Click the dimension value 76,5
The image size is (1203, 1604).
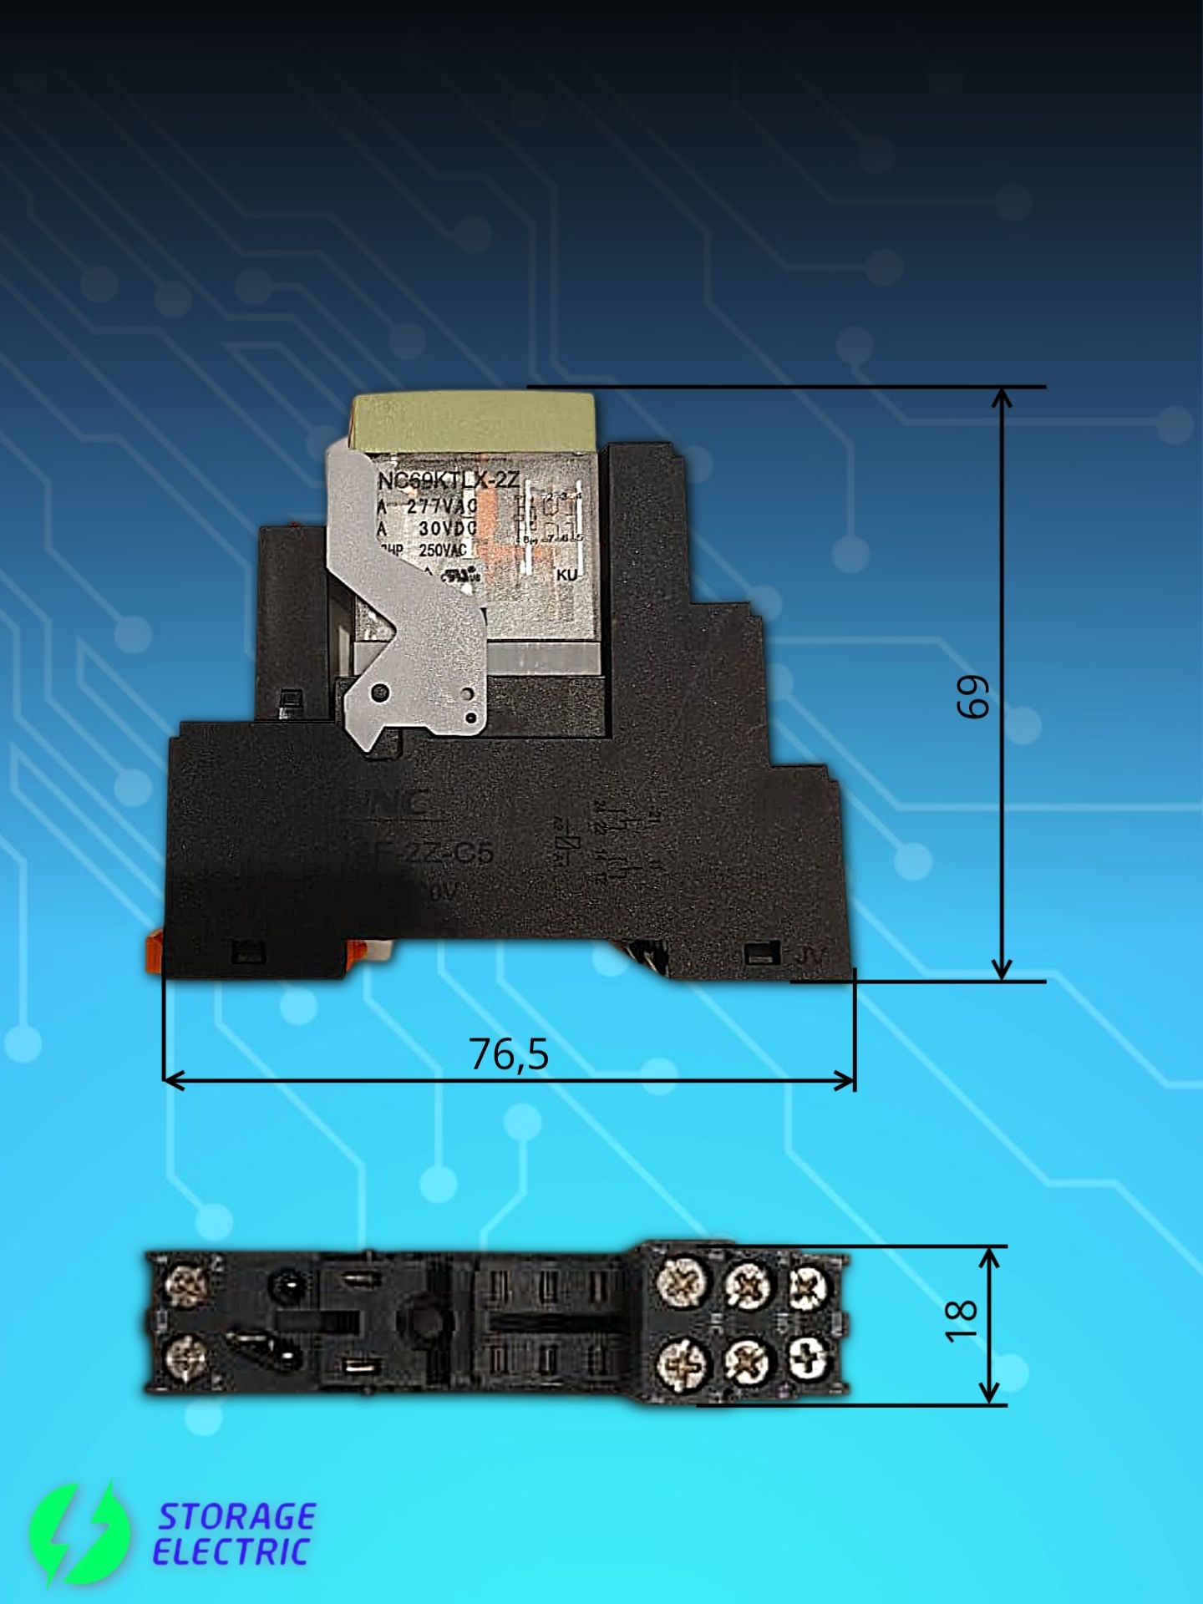[x=509, y=1054]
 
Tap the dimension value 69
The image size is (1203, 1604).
[x=973, y=696]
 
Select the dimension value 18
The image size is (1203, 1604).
[x=961, y=1321]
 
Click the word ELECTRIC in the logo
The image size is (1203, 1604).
[x=231, y=1551]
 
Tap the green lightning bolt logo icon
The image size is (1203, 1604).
[x=79, y=1534]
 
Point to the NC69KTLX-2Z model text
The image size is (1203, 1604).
[x=449, y=481]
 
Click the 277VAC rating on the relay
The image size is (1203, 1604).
[x=441, y=506]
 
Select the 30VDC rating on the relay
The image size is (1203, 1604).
[x=447, y=528]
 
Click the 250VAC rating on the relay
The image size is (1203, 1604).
[x=442, y=549]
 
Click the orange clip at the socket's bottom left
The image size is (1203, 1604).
[x=154, y=952]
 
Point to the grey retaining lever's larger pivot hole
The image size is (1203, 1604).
[x=380, y=693]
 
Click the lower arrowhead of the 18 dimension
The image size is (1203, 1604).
[x=989, y=1393]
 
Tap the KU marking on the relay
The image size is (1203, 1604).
[x=566, y=575]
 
